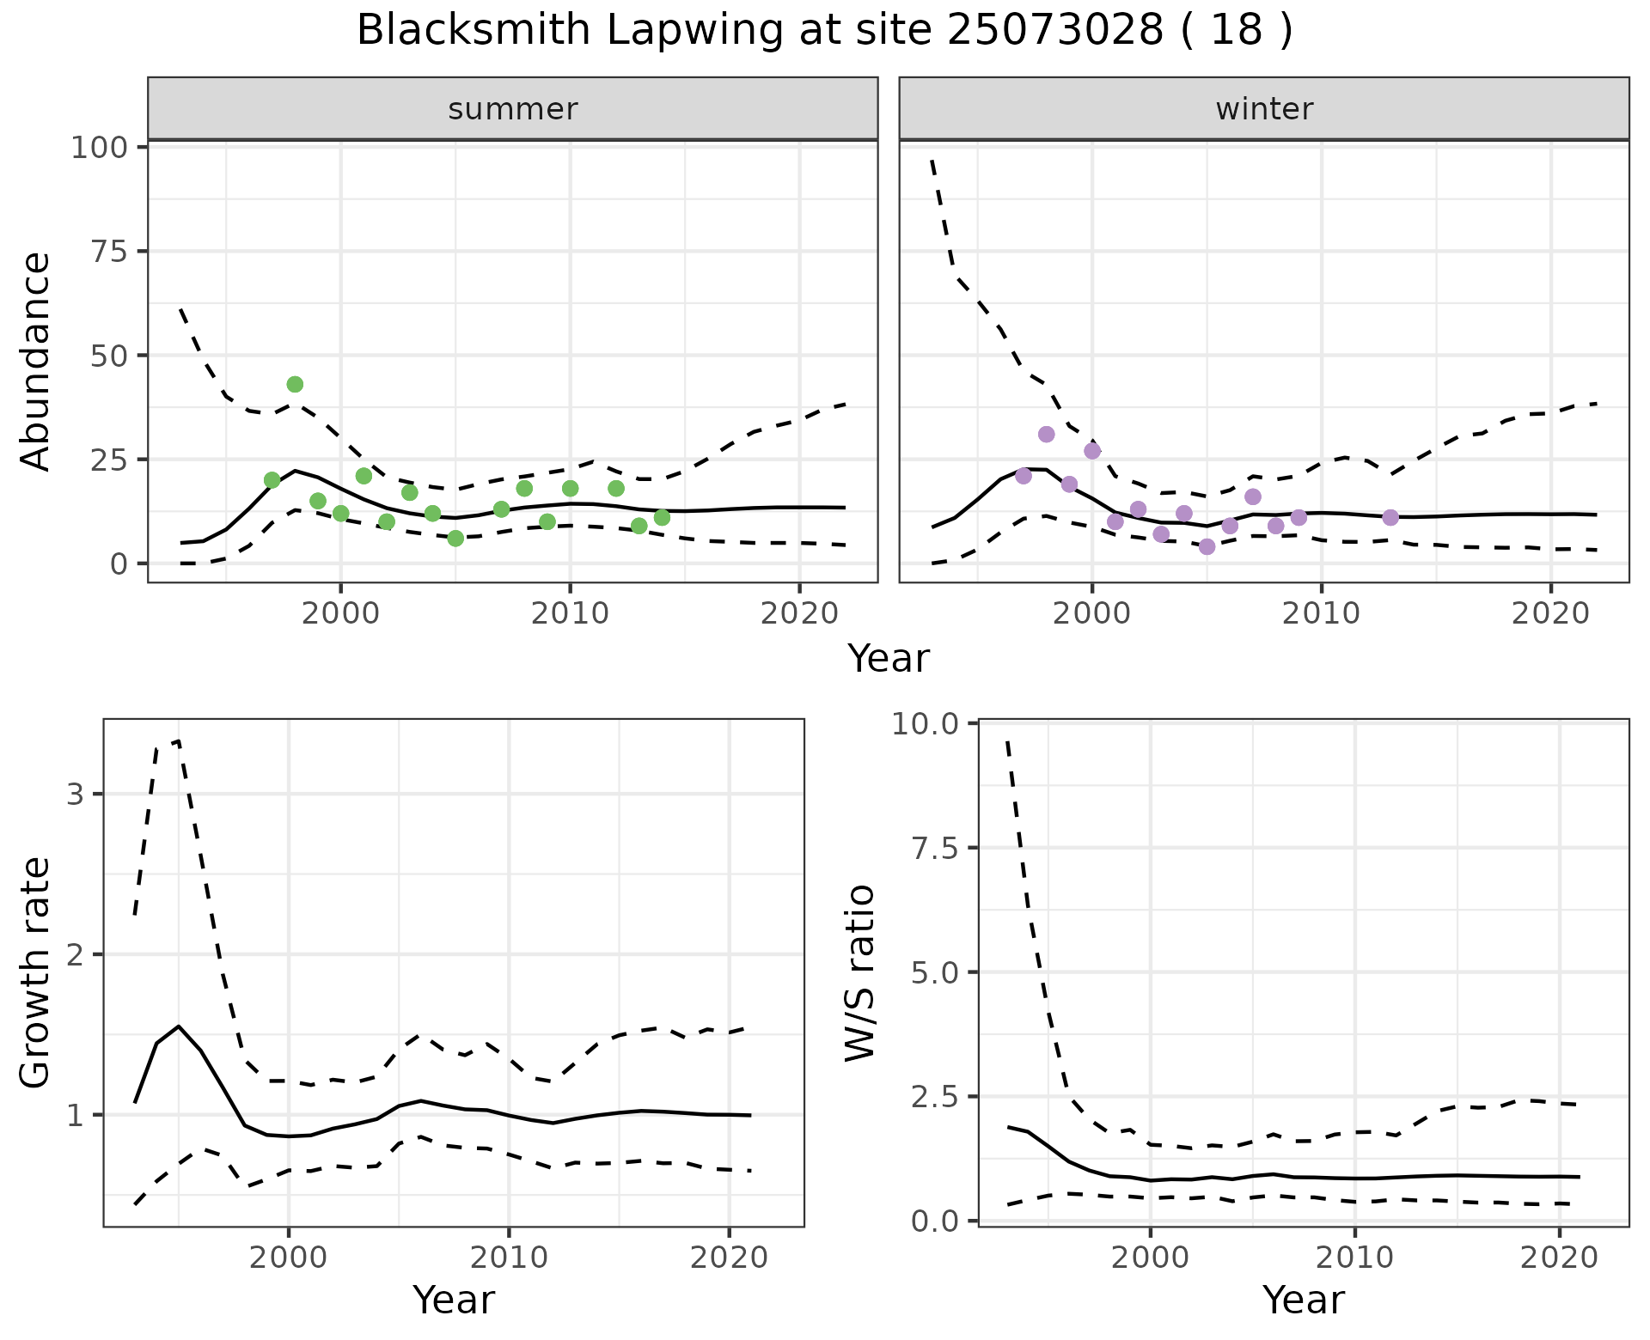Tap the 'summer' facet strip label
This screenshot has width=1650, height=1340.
click(x=513, y=109)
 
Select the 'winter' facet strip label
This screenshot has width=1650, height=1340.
click(x=1264, y=109)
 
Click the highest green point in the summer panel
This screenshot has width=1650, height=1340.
click(x=295, y=384)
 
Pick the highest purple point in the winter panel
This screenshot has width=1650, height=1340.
click(x=1046, y=434)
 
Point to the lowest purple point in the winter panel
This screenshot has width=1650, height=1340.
click(x=1207, y=546)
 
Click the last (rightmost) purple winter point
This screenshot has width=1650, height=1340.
click(x=1390, y=517)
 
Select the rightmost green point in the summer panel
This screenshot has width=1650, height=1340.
click(x=662, y=517)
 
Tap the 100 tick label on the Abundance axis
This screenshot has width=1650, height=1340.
click(x=98, y=148)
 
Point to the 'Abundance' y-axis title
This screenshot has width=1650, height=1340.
click(x=36, y=362)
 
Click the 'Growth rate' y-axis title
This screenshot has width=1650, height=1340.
click(x=36, y=972)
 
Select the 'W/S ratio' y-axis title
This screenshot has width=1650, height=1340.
click(x=859, y=972)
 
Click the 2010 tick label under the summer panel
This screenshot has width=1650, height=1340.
click(x=569, y=614)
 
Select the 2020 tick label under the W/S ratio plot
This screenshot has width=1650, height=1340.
click(x=1559, y=1258)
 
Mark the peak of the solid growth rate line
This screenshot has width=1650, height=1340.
click(x=178, y=1026)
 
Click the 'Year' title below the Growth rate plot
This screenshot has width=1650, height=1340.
click(x=454, y=1300)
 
